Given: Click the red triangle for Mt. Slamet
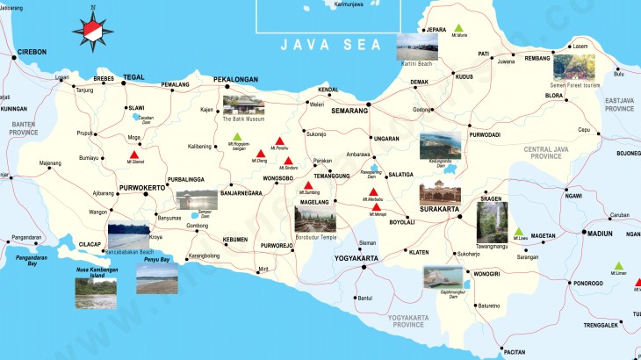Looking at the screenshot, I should [134, 155].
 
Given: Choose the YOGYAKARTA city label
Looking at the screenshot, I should [356, 258].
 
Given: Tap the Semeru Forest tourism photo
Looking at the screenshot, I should [573, 68].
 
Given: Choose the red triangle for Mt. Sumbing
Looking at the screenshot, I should [307, 185].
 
